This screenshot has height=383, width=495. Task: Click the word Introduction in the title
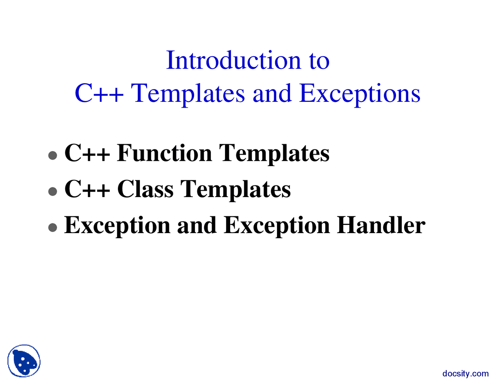[233, 61]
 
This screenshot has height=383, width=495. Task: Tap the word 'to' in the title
[319, 61]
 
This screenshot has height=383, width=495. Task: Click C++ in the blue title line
[99, 94]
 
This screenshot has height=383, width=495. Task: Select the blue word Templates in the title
[188, 94]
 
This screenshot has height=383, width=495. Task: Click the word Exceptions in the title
[360, 94]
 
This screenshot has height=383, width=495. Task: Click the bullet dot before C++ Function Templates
[53, 155]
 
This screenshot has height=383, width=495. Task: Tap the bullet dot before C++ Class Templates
[53, 191]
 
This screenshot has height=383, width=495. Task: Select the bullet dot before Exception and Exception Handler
[53, 227]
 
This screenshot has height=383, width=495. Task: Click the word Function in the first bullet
[164, 153]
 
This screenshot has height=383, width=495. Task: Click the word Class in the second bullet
[145, 189]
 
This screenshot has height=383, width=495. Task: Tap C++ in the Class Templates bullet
[87, 189]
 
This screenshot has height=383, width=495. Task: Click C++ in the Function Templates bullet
[87, 153]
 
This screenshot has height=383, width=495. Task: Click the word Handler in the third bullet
[381, 225]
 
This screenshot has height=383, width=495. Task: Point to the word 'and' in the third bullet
[196, 225]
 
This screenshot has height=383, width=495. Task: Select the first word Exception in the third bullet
[117, 226]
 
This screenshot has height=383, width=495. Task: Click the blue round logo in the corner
[24, 361]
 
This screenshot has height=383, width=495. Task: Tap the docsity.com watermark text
[465, 374]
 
